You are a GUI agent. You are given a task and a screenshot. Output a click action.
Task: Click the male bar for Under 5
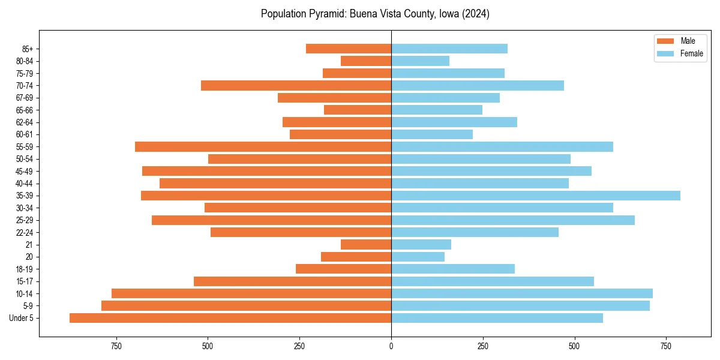pos(230,318)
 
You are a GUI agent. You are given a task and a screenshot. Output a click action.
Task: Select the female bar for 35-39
pos(536,196)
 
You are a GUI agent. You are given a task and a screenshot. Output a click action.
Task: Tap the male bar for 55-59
pos(263,147)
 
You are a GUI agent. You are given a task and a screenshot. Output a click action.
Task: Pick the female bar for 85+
pos(449,49)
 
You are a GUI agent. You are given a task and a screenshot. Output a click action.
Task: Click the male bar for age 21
pos(366,245)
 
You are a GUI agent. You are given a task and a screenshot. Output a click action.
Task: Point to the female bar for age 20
pos(418,257)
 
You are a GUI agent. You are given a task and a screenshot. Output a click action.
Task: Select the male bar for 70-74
pos(296,86)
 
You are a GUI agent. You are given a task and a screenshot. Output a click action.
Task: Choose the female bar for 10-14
pos(522,293)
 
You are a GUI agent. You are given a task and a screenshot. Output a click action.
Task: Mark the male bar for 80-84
pos(366,61)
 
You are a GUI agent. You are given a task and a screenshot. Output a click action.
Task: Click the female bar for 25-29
pos(513,220)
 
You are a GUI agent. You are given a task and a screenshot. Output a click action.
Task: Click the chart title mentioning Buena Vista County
pos(375,14)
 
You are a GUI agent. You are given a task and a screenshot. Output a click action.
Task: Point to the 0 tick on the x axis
pos(391,346)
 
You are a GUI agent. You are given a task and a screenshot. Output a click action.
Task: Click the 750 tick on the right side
pos(666,346)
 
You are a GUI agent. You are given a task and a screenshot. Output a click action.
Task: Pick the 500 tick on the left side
pos(208,346)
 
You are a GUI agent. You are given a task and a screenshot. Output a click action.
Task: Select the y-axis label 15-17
pos(25,281)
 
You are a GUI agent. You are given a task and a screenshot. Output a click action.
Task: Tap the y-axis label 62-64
pos(25,122)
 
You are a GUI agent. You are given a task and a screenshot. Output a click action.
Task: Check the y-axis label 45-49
pos(25,172)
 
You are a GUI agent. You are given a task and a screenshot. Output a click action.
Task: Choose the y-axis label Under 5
pos(22,318)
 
